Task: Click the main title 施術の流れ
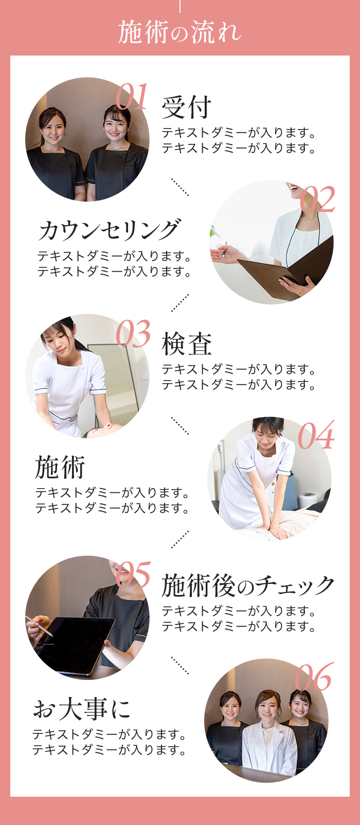179,32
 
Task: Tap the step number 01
132,97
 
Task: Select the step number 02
317,199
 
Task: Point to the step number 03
133,334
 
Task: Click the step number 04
316,435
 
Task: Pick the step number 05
133,575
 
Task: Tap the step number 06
314,677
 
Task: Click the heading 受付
187,107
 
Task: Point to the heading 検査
187,344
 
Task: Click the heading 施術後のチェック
248,586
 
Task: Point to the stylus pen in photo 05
39,625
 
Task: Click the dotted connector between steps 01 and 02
180,187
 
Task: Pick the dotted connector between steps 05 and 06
180,666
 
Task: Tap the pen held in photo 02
224,249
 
